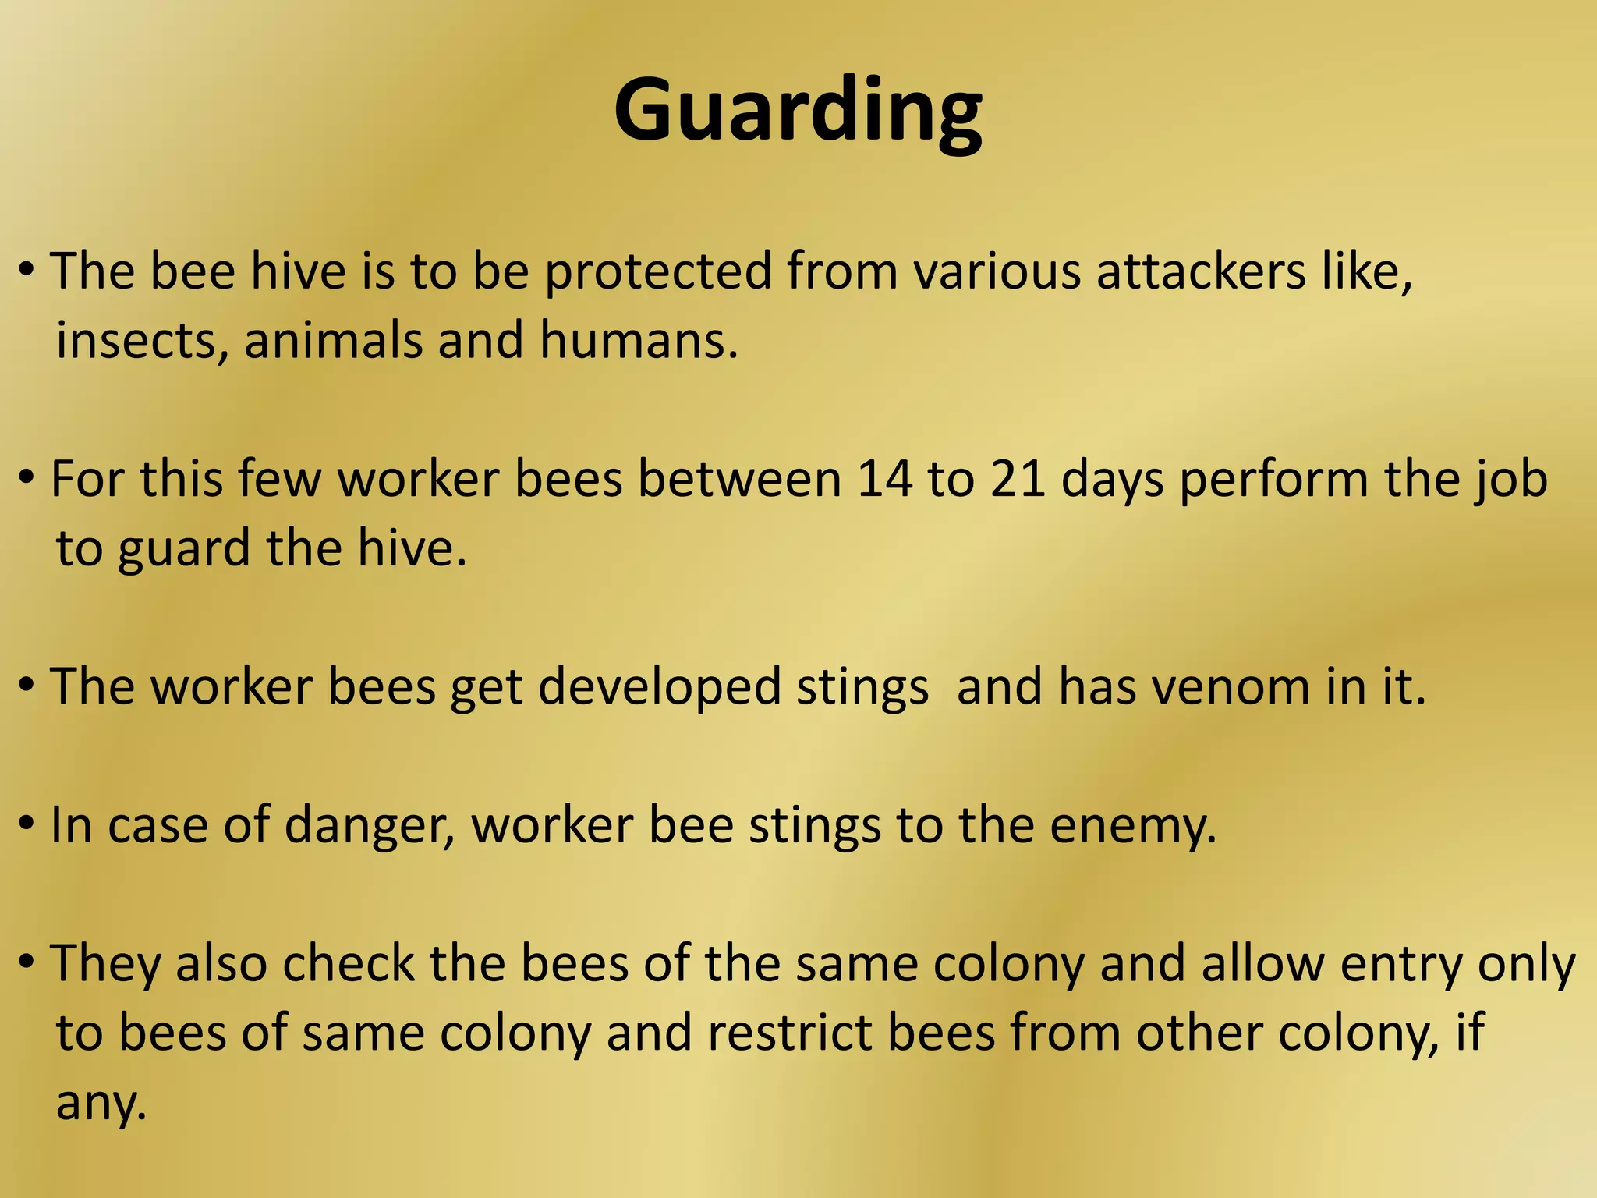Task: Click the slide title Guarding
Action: (x=797, y=111)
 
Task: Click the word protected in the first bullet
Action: (x=657, y=271)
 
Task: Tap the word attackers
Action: (x=1201, y=271)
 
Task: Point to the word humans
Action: (x=636, y=341)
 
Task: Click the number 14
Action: (x=884, y=478)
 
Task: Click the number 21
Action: (x=1018, y=478)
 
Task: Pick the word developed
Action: (x=659, y=687)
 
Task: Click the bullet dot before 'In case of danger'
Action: (x=27, y=822)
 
